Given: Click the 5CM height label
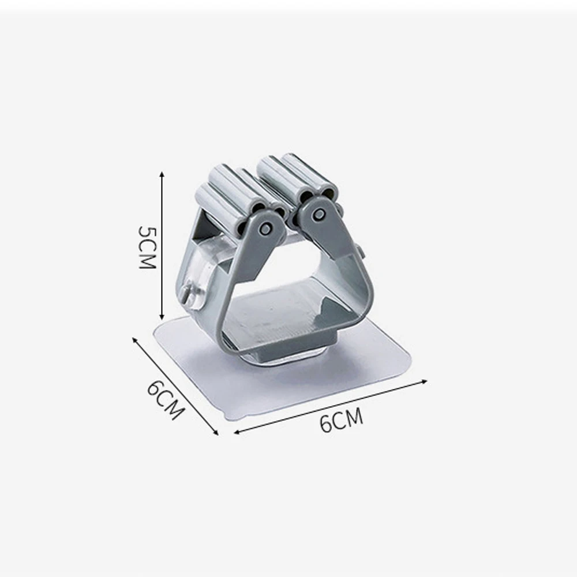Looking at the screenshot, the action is point(148,248).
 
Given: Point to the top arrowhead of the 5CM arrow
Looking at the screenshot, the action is point(161,173).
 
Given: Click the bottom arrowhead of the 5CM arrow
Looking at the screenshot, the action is point(161,317).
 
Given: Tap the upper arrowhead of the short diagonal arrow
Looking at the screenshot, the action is point(134,339).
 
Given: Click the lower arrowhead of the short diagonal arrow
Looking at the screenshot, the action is point(216,432).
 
